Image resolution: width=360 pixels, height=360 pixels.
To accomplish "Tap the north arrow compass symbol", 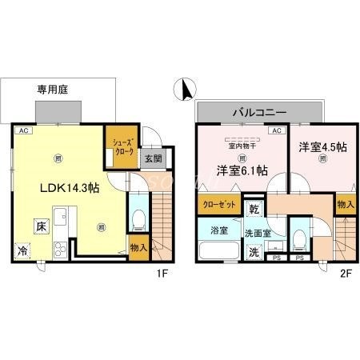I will click(185, 90).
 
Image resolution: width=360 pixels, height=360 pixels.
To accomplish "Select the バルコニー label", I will click(259, 112).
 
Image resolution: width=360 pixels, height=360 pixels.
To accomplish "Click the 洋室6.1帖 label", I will click(240, 170).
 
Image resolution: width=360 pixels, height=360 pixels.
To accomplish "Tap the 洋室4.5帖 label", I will click(322, 148).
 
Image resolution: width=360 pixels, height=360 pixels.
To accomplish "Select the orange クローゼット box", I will click(218, 204).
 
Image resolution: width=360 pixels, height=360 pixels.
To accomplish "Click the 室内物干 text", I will click(242, 145).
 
